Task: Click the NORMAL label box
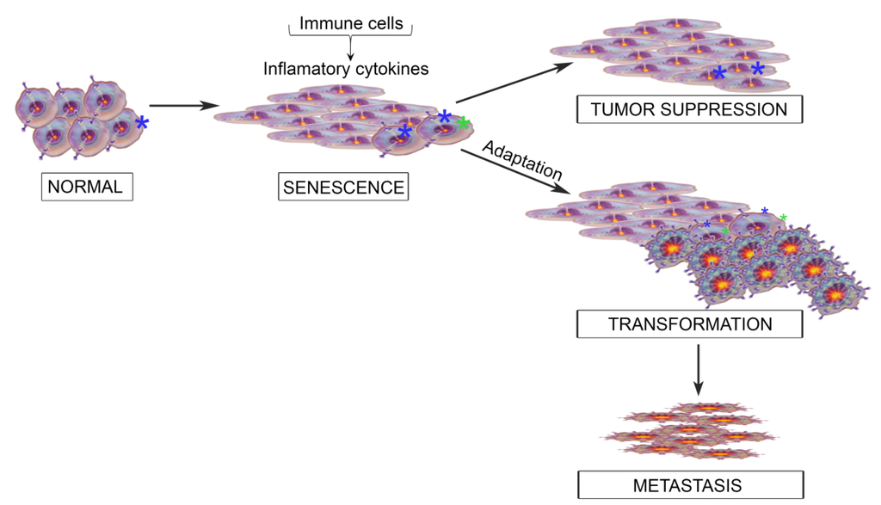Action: tap(87, 186)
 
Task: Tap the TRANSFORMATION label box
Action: tap(690, 324)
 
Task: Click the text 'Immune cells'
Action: tap(351, 23)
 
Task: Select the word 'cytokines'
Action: tap(391, 69)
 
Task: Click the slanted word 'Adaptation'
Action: tap(522, 158)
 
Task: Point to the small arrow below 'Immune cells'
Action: tap(350, 48)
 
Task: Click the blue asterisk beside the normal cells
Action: tap(142, 124)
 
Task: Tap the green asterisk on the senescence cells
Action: tap(463, 124)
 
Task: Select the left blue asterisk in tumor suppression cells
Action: tap(718, 74)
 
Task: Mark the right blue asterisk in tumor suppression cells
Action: tap(757, 69)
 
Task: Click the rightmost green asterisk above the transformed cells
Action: tap(783, 218)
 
